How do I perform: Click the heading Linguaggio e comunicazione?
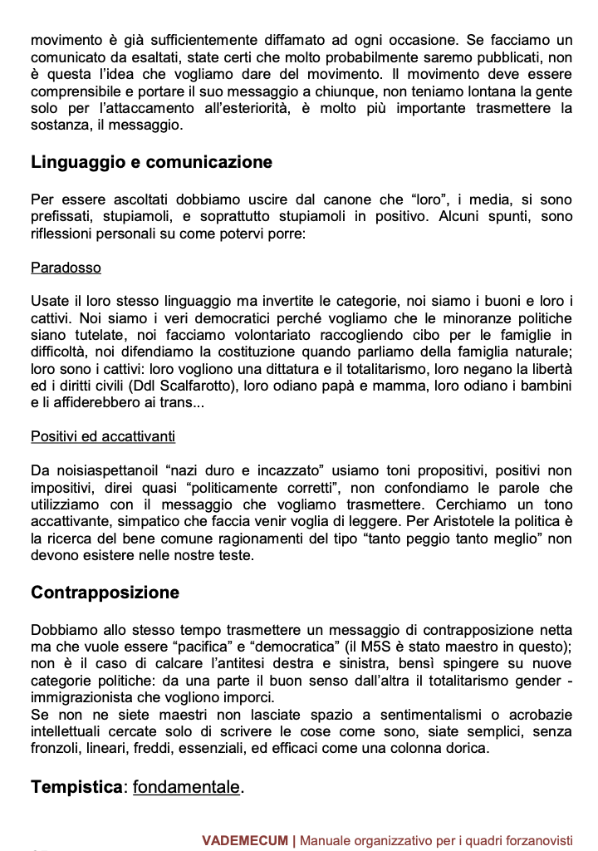click(151, 162)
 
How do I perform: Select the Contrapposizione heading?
click(105, 593)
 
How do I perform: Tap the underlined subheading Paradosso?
click(66, 268)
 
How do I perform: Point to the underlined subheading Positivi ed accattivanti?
click(103, 436)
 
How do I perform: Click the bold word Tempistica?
click(76, 787)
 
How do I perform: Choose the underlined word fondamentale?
click(186, 787)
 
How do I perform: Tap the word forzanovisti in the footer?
click(537, 840)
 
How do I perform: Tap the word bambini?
click(544, 385)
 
